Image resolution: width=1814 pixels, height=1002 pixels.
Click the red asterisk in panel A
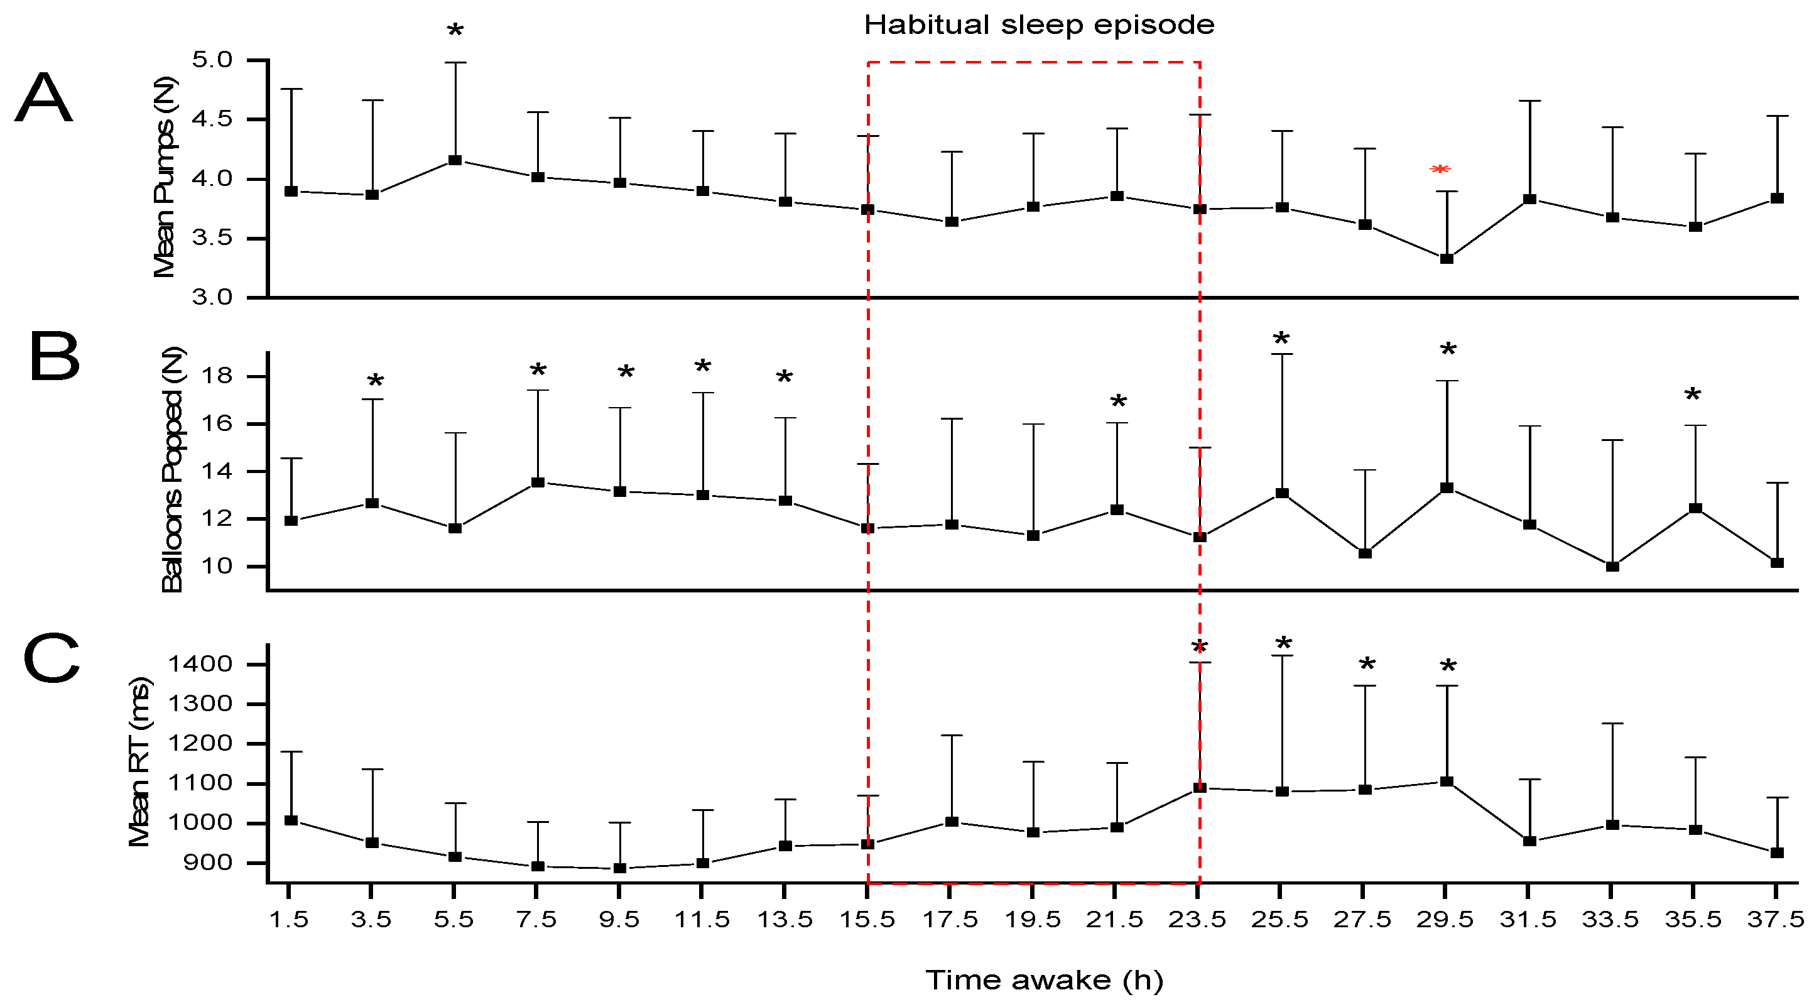pos(1440,170)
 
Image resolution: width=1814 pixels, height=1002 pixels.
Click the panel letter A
pos(44,99)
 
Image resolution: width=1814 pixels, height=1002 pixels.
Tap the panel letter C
pos(52,658)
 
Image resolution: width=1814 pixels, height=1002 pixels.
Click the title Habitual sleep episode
pos(1039,25)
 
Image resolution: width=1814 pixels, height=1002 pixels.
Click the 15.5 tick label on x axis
pos(867,920)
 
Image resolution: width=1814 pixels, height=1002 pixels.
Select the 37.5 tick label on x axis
pos(1775,920)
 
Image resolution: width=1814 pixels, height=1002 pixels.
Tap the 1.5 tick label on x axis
pos(290,920)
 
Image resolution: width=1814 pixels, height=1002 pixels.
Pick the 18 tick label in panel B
pos(216,376)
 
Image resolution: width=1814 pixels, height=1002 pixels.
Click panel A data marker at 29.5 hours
pos(1447,259)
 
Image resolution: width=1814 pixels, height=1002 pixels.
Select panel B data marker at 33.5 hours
pos(1612,566)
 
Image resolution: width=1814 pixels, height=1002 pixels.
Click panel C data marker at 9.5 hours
pos(620,868)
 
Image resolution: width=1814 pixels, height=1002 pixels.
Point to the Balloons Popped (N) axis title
pos(172,470)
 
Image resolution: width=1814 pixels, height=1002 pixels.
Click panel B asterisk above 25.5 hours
pos(1281,339)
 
